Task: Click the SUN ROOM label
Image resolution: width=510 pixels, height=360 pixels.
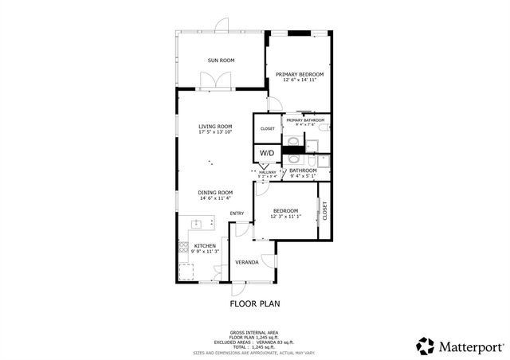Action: [x=221, y=61]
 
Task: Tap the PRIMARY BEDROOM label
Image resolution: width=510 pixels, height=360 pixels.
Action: [x=299, y=74]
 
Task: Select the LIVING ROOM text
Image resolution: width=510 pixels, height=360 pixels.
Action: [x=215, y=126]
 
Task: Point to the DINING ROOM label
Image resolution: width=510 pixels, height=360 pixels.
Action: [x=215, y=192]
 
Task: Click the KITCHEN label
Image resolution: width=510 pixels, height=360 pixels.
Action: [x=205, y=246]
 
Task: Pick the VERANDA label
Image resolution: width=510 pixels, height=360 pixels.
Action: [x=245, y=261]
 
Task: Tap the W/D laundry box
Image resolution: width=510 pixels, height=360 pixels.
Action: [x=267, y=152]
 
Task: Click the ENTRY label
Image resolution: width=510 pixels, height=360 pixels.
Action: [x=237, y=213]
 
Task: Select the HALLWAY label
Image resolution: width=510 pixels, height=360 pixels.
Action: [x=268, y=172]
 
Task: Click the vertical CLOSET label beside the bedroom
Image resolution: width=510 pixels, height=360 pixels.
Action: [x=324, y=210]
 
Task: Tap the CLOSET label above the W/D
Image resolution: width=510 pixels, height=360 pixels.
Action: [x=267, y=128]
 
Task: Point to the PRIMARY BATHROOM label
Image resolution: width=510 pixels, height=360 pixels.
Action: [x=305, y=120]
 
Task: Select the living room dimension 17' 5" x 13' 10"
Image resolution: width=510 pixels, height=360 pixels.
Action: [x=215, y=132]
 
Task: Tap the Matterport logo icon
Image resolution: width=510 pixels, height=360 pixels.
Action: [x=426, y=346]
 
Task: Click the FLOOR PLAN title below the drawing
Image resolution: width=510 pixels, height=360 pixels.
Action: [x=255, y=303]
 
